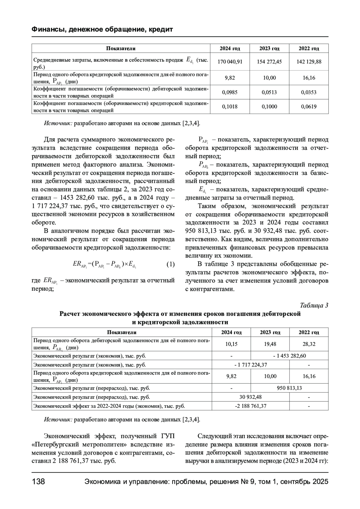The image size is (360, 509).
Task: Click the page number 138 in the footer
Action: pos(38,482)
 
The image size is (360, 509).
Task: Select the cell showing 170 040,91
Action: pos(230,62)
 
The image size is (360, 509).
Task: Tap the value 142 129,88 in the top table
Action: pos(309,62)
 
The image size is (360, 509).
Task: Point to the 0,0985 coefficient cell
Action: pos(230,92)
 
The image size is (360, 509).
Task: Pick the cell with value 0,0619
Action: pos(309,106)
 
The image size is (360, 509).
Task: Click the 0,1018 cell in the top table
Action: pos(230,106)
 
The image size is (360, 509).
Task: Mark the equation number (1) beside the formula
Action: pos(170,264)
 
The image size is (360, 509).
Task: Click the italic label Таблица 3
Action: pos(314,305)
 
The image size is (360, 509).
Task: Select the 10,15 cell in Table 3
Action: pos(231,344)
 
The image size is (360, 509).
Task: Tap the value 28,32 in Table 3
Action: pos(309,344)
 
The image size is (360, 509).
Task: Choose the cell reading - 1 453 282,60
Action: pos(289,356)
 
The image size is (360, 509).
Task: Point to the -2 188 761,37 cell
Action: pos(250,406)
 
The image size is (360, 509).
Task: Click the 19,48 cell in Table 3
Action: pos(270,344)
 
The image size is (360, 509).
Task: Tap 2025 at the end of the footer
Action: pos(320,482)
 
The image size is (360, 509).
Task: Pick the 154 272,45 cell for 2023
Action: pos(269,62)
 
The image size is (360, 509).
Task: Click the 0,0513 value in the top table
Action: pos(269,92)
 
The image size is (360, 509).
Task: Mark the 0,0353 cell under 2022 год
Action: pos(309,92)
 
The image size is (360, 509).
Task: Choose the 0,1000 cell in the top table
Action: pos(269,106)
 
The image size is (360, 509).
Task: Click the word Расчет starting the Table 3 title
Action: pos(70,314)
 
